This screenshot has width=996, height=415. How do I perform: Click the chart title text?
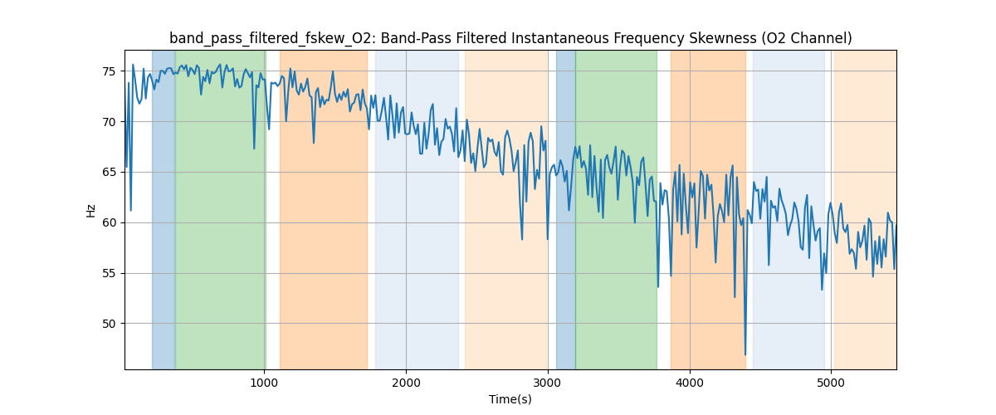pos(510,38)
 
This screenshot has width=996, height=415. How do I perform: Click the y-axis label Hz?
pos(91,211)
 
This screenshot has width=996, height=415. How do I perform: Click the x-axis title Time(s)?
pos(510,399)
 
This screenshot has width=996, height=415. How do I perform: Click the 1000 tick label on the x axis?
pos(264,382)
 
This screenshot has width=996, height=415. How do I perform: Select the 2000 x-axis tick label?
pos(406,382)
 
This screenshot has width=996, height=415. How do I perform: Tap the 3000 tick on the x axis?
pos(548,382)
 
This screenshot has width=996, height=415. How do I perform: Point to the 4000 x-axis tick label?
pos(690,382)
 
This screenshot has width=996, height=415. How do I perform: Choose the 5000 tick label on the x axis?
pos(831,382)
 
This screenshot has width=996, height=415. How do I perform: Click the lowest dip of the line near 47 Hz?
pos(745,355)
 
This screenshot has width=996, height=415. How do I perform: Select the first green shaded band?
pos(220,207)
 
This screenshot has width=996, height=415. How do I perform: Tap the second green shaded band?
pos(616,207)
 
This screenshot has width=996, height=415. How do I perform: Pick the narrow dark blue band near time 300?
pos(164,207)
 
